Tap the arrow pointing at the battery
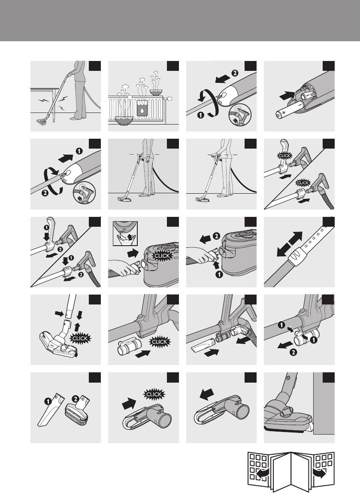287,95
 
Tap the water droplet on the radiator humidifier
142,110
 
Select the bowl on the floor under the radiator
124,120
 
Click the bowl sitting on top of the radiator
156,92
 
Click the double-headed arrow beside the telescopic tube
289,244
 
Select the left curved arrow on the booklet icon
260,473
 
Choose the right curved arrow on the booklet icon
320,473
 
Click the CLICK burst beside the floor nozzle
80,338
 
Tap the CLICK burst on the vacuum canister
162,255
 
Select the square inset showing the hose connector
125,233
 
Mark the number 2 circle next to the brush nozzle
76,399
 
